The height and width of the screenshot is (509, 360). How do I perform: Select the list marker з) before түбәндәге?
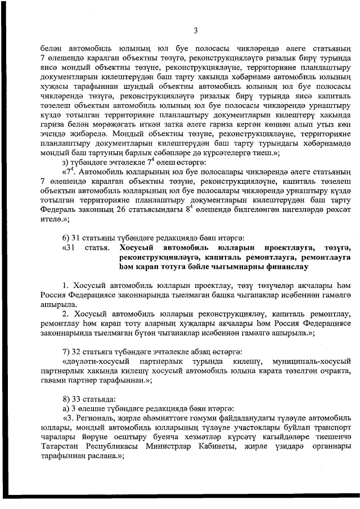tap(66, 163)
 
